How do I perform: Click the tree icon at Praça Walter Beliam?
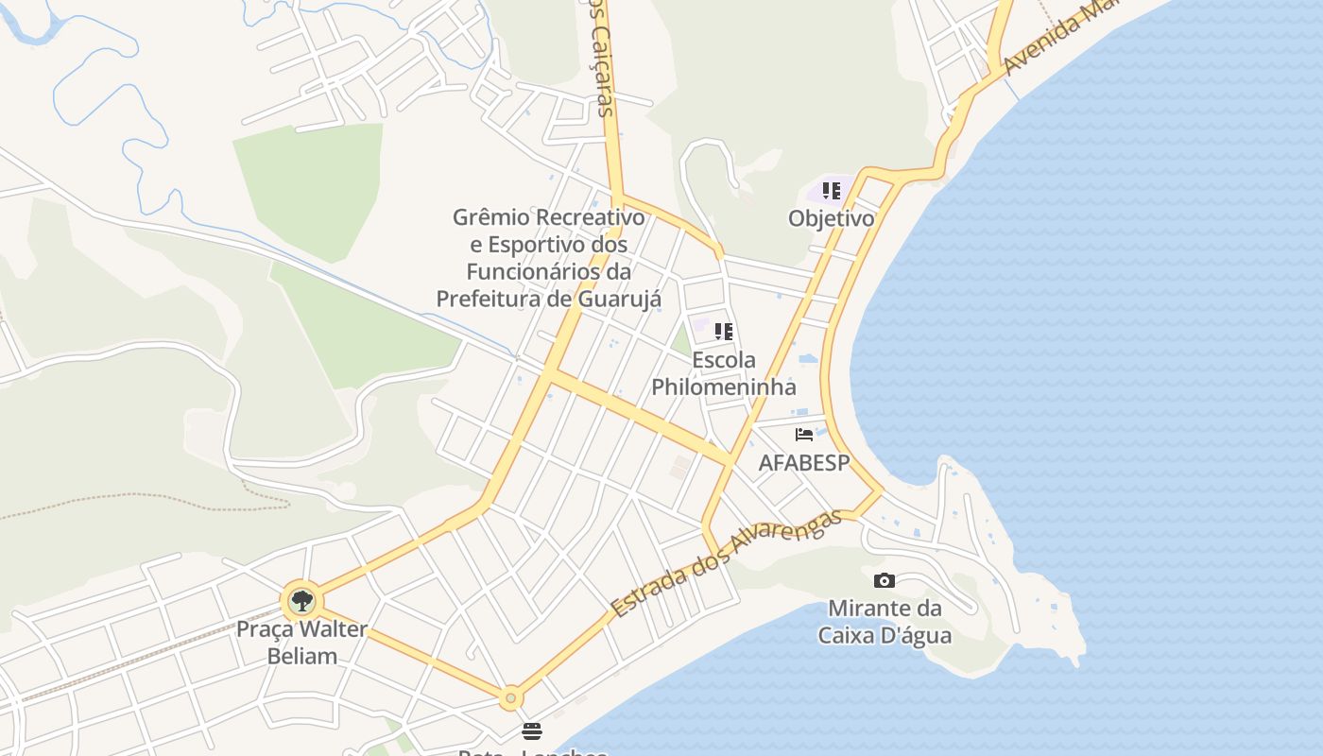(301, 600)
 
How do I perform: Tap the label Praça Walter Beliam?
(301, 642)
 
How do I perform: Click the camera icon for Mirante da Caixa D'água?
(885, 580)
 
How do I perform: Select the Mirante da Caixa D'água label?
(885, 621)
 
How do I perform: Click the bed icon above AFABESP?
(804, 435)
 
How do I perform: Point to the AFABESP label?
(804, 462)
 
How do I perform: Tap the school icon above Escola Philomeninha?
(724, 332)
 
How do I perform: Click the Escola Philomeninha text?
(724, 373)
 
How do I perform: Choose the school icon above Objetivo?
(832, 191)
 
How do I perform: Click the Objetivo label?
(832, 218)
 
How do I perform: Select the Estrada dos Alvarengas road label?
(725, 564)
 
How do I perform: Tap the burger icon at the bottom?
(532, 731)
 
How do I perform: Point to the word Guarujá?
(613, 299)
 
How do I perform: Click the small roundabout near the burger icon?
(510, 698)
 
